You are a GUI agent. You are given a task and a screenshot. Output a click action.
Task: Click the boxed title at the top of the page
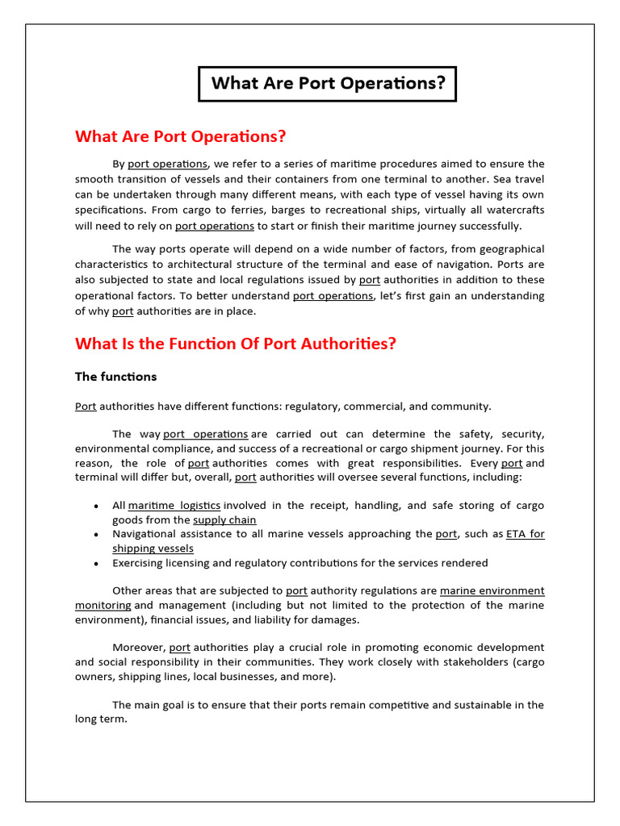pyautogui.click(x=328, y=84)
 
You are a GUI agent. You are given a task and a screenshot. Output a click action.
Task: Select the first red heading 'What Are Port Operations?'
pyautogui.click(x=181, y=136)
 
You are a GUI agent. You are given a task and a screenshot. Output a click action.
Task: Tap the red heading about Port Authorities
pyautogui.click(x=236, y=344)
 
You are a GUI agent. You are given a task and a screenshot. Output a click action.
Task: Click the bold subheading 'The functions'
pyautogui.click(x=115, y=377)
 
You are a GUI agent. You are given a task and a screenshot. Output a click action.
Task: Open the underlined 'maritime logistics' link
pyautogui.click(x=174, y=506)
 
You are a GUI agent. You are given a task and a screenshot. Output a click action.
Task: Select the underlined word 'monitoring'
pyautogui.click(x=103, y=605)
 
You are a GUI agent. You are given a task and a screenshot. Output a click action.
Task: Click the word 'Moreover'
pyautogui.click(x=138, y=648)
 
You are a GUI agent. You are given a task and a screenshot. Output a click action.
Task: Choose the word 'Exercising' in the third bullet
pyautogui.click(x=141, y=563)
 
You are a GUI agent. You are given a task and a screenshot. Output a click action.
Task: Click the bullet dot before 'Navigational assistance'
pyautogui.click(x=96, y=535)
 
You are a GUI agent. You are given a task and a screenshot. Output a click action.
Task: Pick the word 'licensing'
pyautogui.click(x=199, y=563)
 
